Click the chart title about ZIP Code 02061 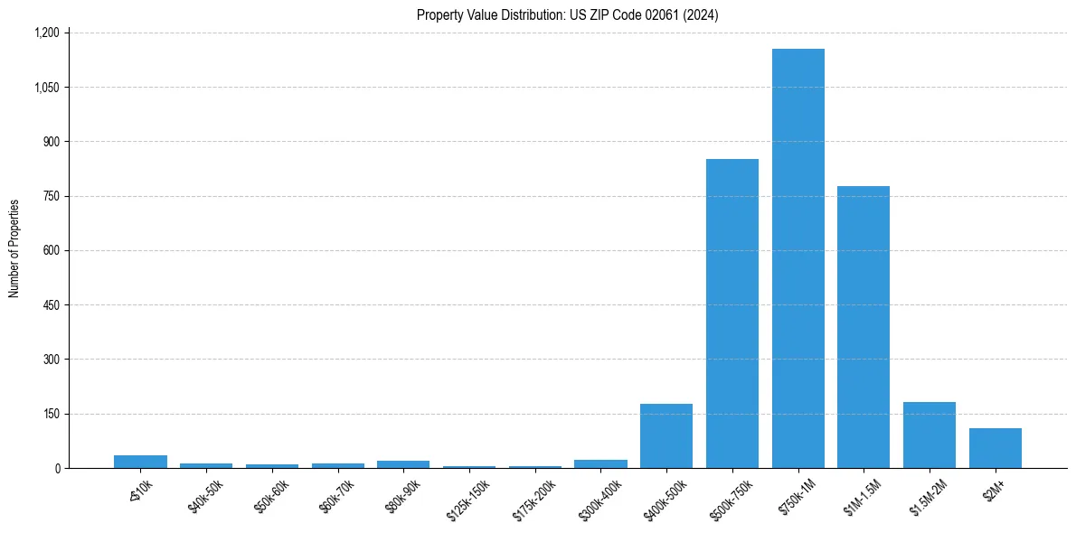[x=567, y=14]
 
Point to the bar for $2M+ [x=995, y=448]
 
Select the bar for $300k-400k [x=600, y=463]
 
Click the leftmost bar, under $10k [x=140, y=462]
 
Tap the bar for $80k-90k [x=403, y=464]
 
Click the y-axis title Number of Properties [x=14, y=248]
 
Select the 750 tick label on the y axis [x=52, y=196]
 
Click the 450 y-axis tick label [x=52, y=305]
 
